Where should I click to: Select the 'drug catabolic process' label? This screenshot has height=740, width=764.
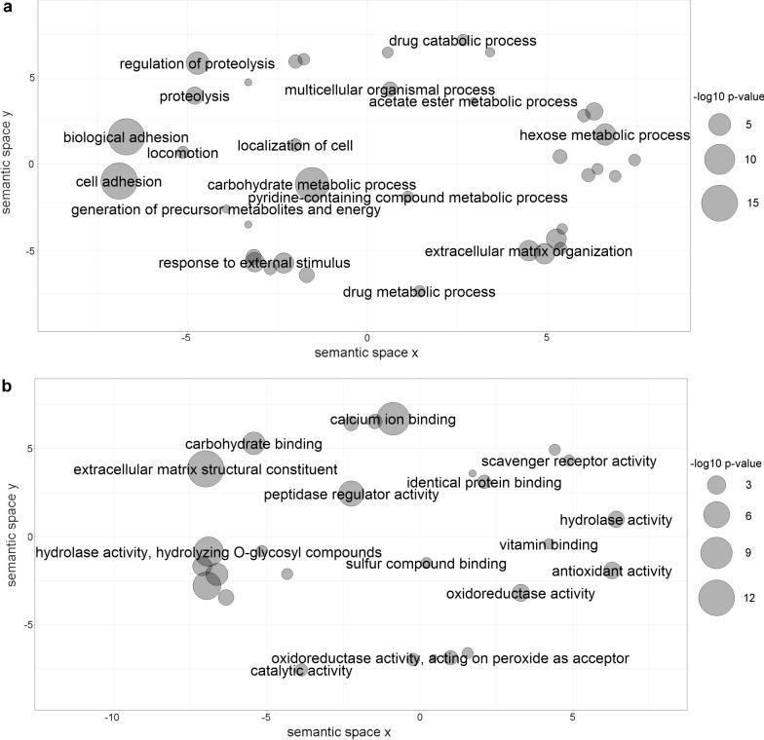point(462,41)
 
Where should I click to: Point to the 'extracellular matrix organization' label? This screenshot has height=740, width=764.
point(528,252)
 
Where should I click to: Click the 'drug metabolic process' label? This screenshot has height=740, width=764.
point(419,292)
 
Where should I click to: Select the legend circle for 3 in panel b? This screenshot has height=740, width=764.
point(717,485)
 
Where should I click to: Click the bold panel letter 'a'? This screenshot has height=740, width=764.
point(7,8)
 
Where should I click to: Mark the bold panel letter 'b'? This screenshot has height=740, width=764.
point(7,386)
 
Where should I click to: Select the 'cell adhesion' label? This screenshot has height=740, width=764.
point(118,181)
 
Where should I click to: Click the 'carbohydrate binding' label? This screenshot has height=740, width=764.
point(253,444)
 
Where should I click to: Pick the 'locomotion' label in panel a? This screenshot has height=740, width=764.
point(182,153)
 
